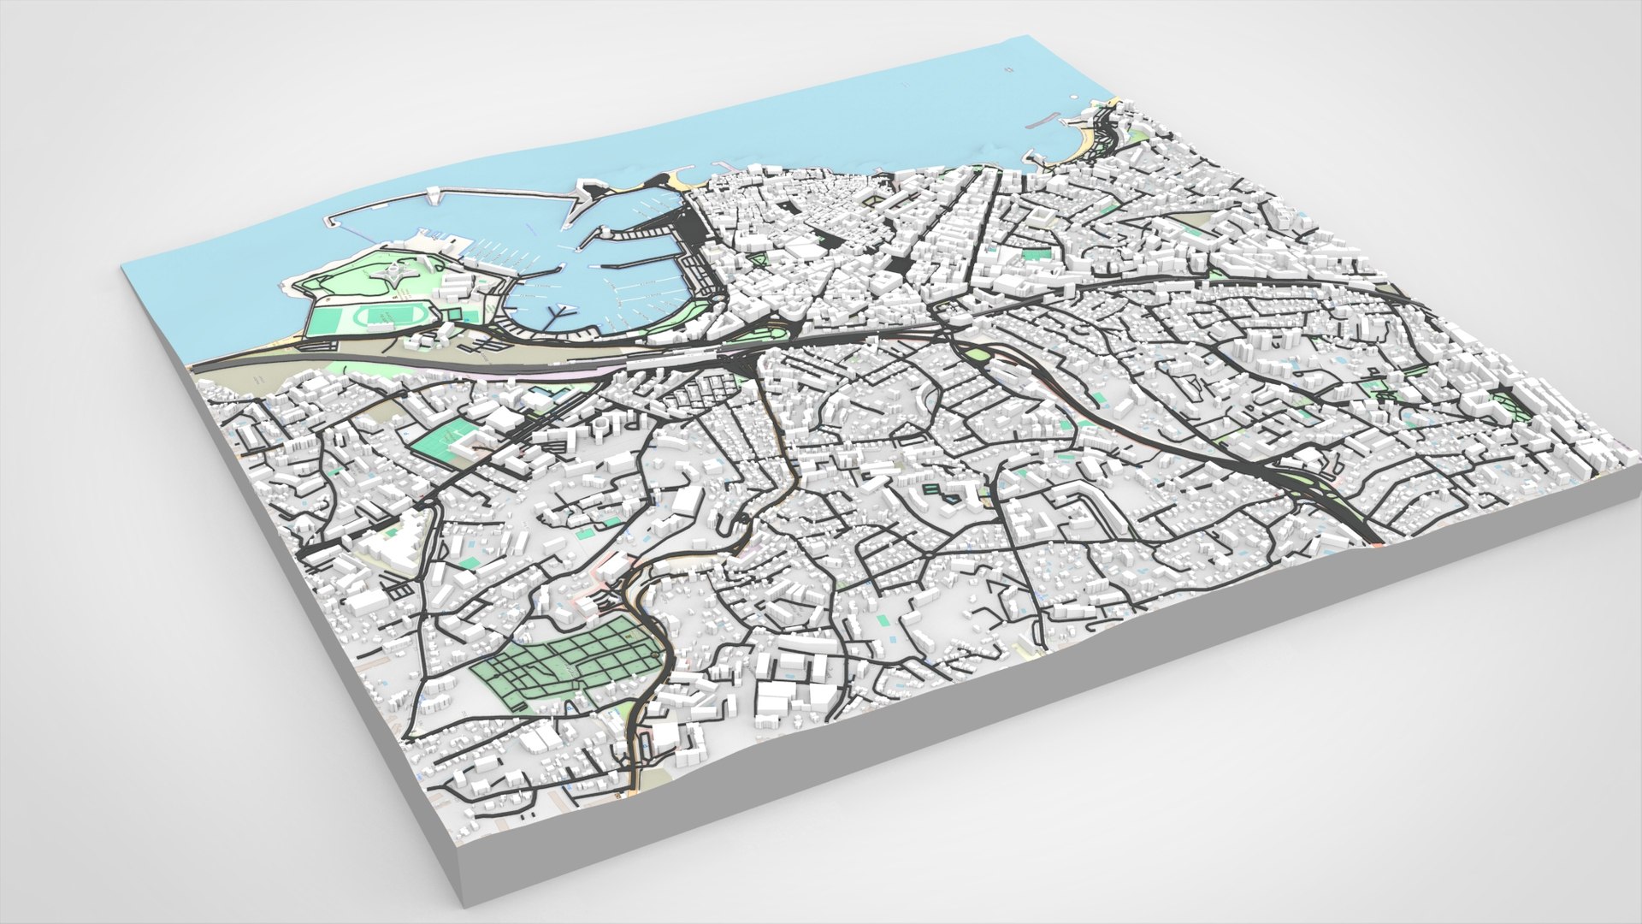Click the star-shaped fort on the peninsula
[x=394, y=275]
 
